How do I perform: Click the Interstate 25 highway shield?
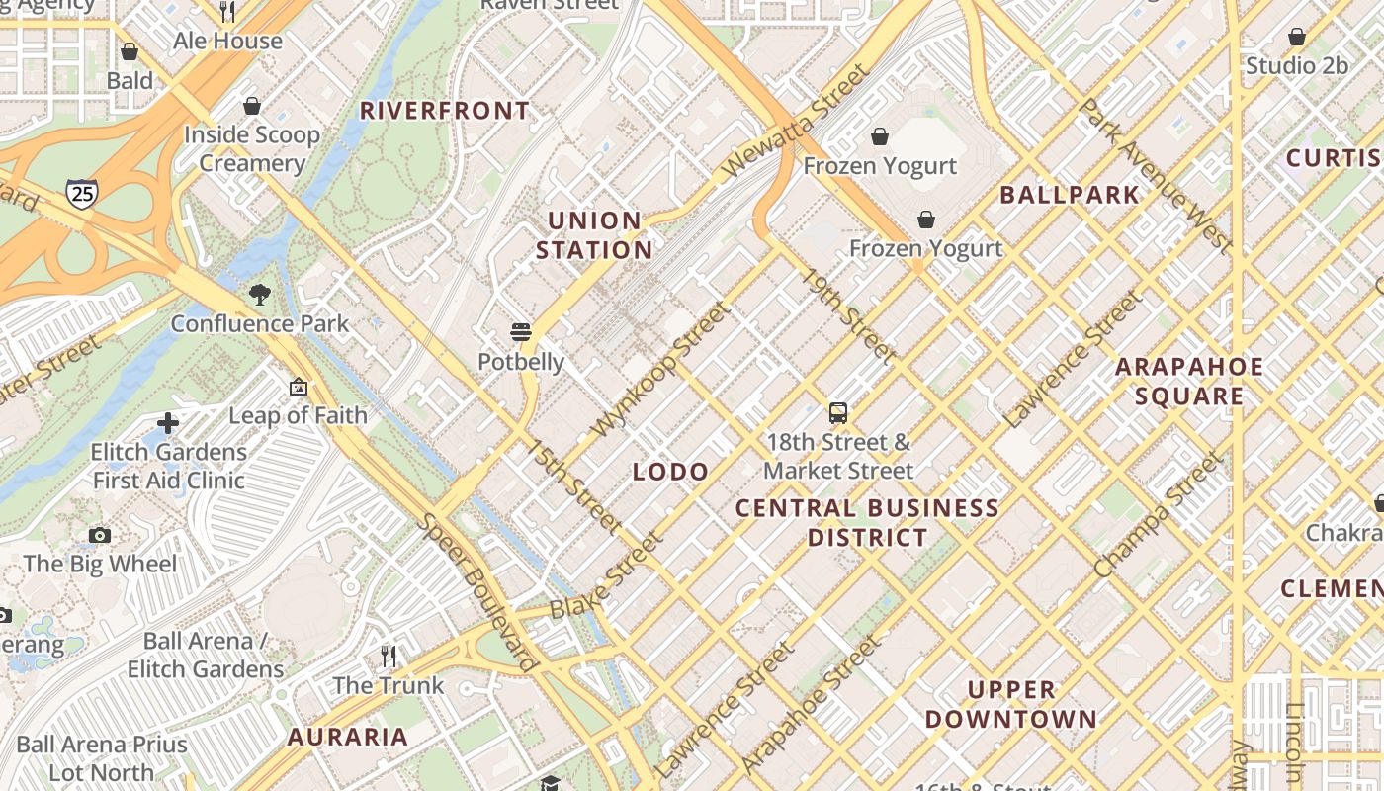82,193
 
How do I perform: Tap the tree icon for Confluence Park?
260,294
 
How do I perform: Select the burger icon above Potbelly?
521,331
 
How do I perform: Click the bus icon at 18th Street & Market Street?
838,412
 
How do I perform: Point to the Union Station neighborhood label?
594,235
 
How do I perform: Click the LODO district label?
670,472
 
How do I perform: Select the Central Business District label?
867,523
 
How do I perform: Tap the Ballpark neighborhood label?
1070,195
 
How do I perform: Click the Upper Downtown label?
1010,704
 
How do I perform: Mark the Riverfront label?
445,111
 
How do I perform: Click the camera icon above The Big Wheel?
99,535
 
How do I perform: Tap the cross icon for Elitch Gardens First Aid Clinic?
168,423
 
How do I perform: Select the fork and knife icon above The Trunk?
389,656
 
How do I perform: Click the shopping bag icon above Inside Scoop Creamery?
252,106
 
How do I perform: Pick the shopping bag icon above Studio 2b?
1296,37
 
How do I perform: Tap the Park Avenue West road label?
1154,176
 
